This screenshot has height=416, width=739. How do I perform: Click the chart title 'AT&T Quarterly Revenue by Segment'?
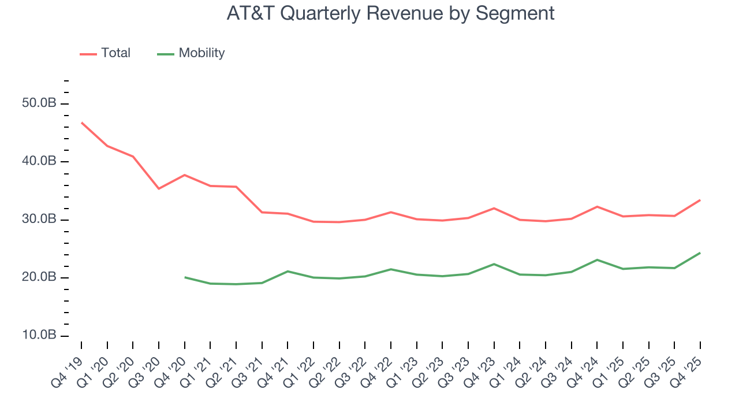pos(390,13)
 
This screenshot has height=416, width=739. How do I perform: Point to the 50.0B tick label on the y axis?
pos(40,103)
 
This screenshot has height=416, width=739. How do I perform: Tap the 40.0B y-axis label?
pos(40,161)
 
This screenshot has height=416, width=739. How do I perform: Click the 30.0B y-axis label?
pos(40,220)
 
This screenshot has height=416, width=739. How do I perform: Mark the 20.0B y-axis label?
pos(40,277)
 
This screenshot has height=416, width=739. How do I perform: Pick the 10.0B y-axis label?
pos(40,336)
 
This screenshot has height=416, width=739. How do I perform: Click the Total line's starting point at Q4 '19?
pos(81,122)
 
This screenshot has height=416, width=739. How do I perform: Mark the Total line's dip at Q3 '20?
pos(159,188)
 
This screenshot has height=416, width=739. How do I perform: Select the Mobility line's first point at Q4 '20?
pos(185,277)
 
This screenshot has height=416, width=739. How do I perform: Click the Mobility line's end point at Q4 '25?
pos(700,252)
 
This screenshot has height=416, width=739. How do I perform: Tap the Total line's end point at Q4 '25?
pos(700,200)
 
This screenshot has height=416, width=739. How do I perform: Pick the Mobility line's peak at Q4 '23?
pos(494,264)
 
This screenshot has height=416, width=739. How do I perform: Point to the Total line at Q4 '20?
pos(185,174)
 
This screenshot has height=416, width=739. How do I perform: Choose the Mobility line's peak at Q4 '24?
pos(597,260)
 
